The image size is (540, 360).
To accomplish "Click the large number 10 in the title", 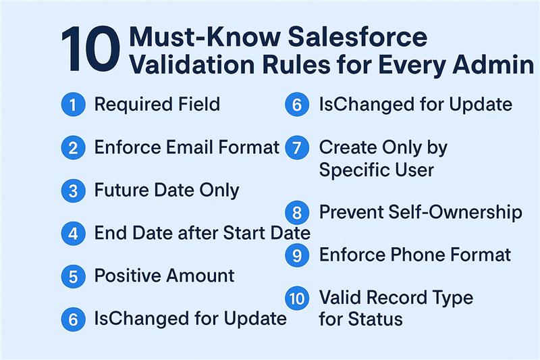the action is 91,49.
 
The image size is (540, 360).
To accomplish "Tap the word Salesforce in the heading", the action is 358,37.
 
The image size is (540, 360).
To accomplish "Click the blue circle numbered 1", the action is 73,105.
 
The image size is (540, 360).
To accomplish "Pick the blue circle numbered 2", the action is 73,147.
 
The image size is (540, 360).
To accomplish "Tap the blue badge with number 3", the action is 73,190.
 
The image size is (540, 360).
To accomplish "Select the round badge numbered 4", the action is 73,234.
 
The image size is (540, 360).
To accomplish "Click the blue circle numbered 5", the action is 73,276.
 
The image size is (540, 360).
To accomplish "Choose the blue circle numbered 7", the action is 297,147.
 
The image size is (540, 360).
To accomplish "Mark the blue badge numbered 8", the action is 297,212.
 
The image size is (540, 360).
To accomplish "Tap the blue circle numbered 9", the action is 297,255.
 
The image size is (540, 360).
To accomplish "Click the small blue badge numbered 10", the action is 297,298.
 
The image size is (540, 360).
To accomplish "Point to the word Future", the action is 122,190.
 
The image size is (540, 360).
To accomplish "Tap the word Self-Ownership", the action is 455,213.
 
